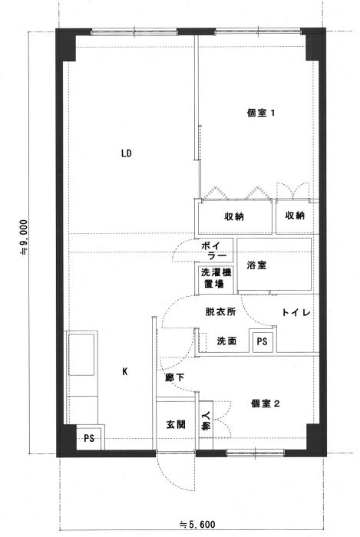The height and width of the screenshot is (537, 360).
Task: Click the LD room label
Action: click(x=127, y=153)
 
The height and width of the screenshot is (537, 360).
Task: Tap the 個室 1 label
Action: click(x=261, y=113)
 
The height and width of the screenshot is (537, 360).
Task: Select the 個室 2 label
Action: click(x=265, y=404)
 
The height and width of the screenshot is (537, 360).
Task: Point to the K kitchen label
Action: click(x=125, y=371)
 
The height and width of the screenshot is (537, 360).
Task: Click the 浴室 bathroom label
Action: click(x=256, y=265)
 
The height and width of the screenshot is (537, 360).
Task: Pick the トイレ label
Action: click(x=296, y=312)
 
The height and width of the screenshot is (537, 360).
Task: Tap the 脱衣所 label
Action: click(x=220, y=311)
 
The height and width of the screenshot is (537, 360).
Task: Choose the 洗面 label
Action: click(x=226, y=341)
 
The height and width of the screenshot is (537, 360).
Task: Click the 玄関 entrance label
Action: click(x=176, y=425)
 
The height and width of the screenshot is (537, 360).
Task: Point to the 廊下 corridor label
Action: click(x=175, y=377)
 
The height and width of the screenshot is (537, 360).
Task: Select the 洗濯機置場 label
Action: click(x=215, y=278)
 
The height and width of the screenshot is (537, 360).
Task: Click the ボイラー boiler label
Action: click(x=213, y=250)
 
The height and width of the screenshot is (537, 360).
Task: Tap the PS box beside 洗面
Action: click(x=263, y=341)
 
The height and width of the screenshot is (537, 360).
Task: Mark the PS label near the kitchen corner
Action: click(x=89, y=438)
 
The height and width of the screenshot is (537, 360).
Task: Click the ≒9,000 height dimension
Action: click(x=25, y=237)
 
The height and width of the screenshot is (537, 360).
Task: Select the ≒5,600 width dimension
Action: click(x=197, y=524)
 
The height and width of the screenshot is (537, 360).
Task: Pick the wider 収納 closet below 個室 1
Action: click(x=233, y=216)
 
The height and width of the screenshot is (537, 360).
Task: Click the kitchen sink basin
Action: click(x=81, y=354)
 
